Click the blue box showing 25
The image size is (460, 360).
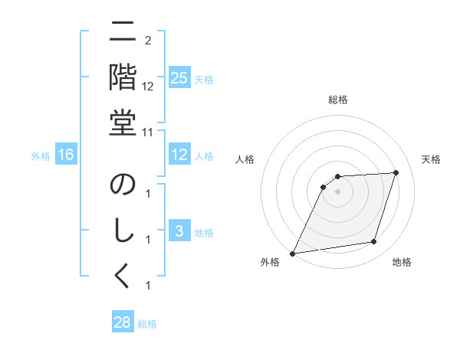179,78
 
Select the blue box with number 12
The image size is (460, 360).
179,155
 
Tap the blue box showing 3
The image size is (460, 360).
179,231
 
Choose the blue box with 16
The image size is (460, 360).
66,155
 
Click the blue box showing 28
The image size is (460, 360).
123,322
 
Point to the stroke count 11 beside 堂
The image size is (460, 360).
148,132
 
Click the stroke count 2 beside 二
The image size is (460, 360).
147,40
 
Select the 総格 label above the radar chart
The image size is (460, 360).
338,100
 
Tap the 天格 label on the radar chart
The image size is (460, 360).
432,159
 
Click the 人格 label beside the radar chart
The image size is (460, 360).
245,159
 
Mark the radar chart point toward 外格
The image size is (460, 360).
292,253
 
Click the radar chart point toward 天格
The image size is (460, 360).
396,172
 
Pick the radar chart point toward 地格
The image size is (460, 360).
374,242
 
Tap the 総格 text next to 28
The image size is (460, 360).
147,324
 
